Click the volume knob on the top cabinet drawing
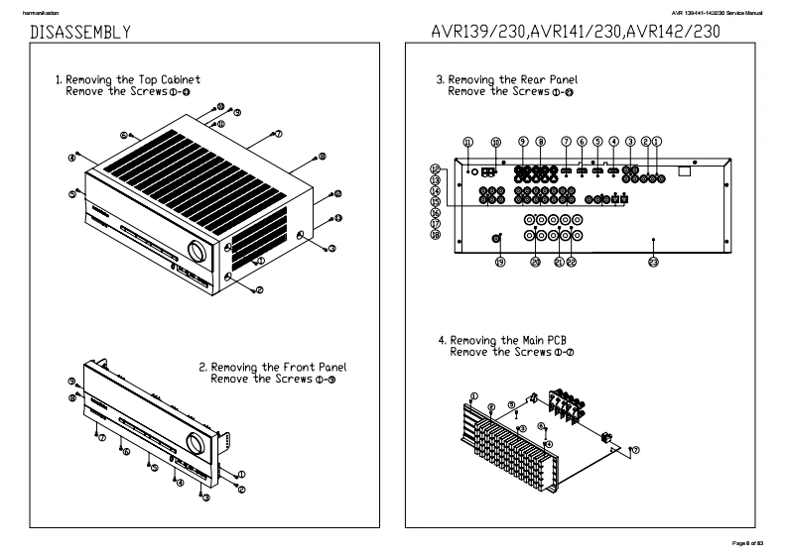click(x=196, y=254)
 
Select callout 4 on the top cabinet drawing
click(x=72, y=157)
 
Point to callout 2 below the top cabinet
click(x=259, y=290)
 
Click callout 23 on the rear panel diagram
click(x=653, y=263)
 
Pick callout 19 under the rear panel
click(x=500, y=262)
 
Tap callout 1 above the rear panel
click(x=657, y=142)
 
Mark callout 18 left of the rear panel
click(x=435, y=234)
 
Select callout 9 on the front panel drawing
click(x=72, y=382)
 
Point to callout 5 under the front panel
click(x=154, y=467)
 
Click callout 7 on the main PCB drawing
click(x=635, y=449)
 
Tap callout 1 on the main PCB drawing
click(x=473, y=395)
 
